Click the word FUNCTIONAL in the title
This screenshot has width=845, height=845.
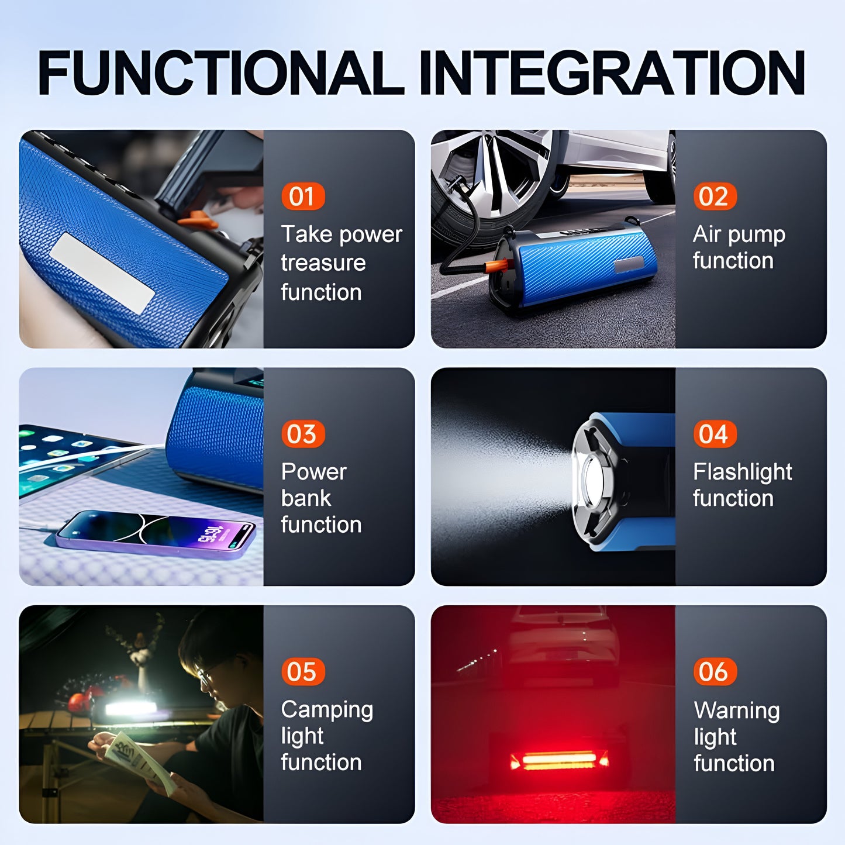(x=220, y=73)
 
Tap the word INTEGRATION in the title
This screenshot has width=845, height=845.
(x=612, y=73)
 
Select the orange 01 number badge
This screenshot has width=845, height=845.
(x=302, y=196)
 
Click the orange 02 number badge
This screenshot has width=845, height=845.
(x=714, y=196)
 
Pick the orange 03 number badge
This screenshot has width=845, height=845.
(x=302, y=434)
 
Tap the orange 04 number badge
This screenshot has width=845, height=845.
(x=714, y=434)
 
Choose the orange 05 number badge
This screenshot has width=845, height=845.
(x=302, y=672)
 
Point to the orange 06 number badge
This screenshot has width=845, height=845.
(x=714, y=672)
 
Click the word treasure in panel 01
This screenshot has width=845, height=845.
(x=323, y=263)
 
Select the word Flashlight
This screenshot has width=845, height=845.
(x=742, y=472)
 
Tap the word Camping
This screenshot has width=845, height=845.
(x=326, y=710)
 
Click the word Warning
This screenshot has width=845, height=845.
(x=736, y=711)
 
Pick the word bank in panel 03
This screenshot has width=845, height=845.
(x=306, y=498)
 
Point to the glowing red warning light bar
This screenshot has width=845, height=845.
(x=559, y=760)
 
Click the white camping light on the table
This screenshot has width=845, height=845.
(x=130, y=709)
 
